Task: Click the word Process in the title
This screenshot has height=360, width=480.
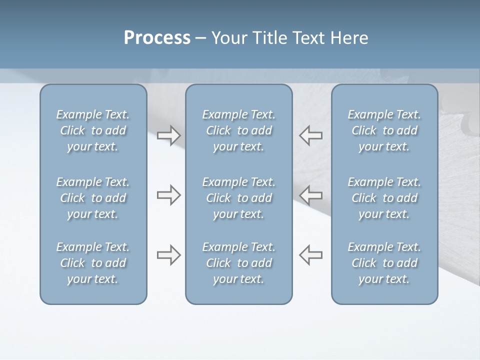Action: coord(157,38)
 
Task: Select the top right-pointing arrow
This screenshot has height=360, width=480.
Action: coord(169,135)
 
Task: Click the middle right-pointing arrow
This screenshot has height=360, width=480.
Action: coord(169,195)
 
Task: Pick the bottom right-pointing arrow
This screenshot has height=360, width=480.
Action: coord(169,255)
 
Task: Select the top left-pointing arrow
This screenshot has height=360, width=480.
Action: coord(310,135)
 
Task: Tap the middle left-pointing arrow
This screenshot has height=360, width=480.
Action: coord(310,195)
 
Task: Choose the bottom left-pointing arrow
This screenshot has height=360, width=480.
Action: coord(310,255)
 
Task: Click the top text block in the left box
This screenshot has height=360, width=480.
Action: coord(93,130)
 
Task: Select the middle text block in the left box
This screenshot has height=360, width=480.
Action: coord(93,198)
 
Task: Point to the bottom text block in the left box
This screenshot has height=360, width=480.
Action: coord(93,263)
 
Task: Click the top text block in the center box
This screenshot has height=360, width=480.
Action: coord(239,130)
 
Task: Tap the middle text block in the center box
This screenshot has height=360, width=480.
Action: coord(239,198)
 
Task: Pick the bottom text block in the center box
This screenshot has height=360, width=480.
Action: coord(239,263)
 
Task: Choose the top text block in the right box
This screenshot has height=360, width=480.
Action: coord(384,130)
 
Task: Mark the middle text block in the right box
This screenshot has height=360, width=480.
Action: coord(384,198)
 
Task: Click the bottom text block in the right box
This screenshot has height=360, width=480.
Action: coord(384,263)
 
